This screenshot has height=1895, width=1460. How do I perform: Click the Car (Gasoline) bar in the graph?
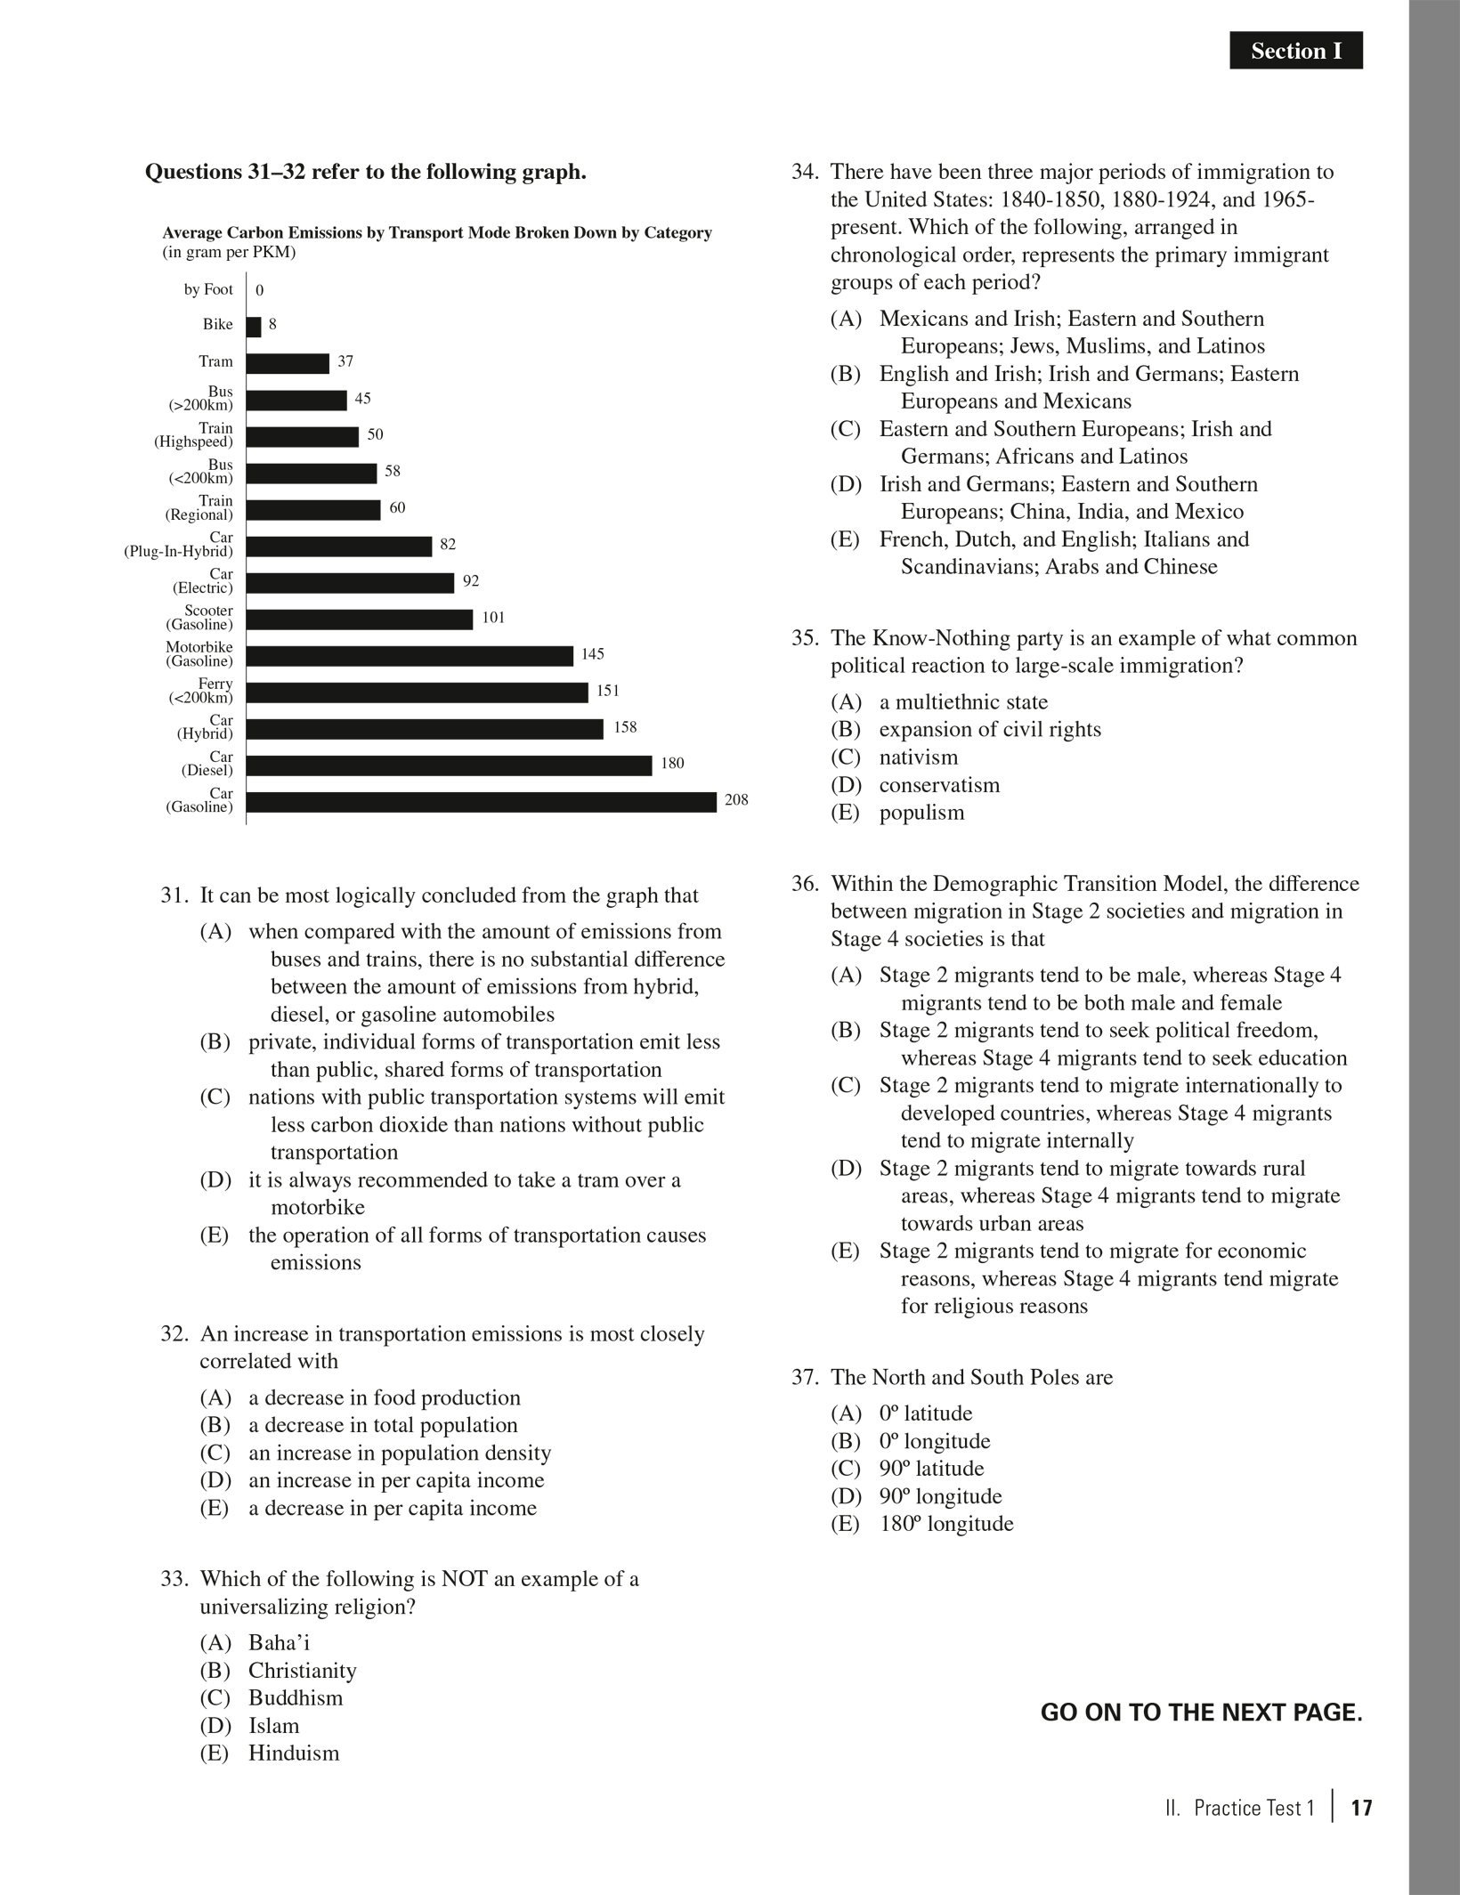(x=481, y=802)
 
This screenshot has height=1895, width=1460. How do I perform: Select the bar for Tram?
(x=288, y=363)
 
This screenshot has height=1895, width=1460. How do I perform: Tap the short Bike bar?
(x=254, y=327)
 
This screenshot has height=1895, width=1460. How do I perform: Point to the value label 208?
(x=736, y=799)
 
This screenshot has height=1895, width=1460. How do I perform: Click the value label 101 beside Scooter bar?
(x=493, y=617)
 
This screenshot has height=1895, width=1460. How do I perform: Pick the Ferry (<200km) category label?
(x=201, y=691)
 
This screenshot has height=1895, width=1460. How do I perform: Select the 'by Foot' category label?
(x=208, y=289)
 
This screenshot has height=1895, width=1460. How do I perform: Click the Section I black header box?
(x=1295, y=51)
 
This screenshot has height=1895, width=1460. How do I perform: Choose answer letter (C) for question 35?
(x=846, y=757)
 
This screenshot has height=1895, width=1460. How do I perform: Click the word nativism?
(x=919, y=757)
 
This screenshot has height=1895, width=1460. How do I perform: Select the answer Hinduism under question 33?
(x=294, y=1753)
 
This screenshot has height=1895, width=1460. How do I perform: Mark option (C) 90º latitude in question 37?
(x=931, y=1468)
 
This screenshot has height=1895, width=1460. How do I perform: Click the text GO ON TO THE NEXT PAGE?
(x=1201, y=1712)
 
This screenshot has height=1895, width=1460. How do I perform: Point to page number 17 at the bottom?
(x=1361, y=1808)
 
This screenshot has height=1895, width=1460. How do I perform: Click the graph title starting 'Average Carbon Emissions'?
(x=436, y=232)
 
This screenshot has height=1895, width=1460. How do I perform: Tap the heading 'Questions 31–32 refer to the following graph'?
(x=365, y=171)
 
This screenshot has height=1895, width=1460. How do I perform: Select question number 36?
(x=805, y=883)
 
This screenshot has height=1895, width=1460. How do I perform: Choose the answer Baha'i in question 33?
(x=279, y=1642)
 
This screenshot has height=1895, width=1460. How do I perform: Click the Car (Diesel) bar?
(x=449, y=765)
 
